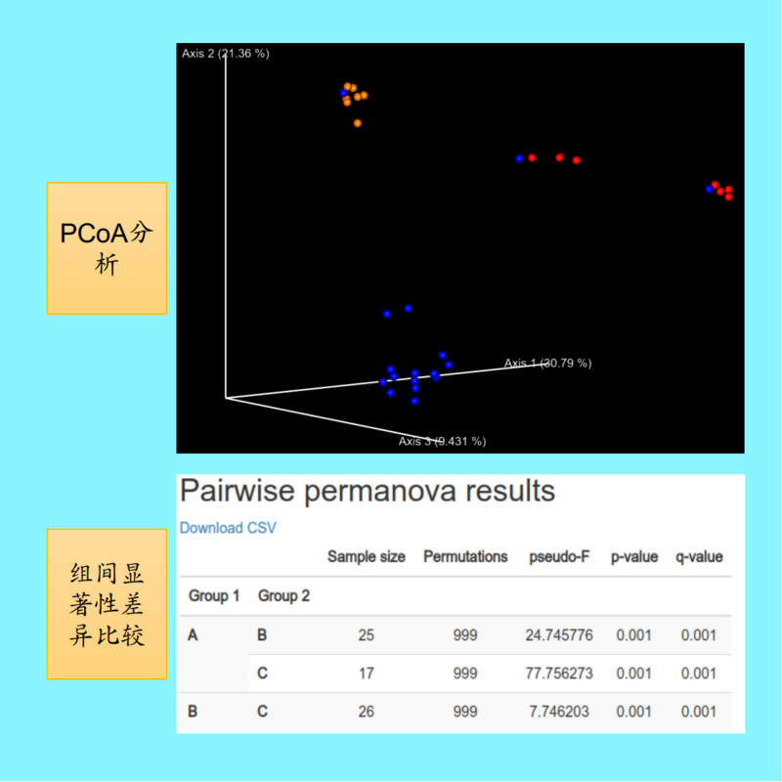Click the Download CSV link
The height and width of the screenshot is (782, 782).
tap(228, 528)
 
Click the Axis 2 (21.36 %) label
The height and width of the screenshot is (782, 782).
tap(226, 54)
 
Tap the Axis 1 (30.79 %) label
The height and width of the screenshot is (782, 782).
tap(547, 363)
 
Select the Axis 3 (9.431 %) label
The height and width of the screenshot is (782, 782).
tap(442, 441)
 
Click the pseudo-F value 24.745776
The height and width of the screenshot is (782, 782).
tap(559, 634)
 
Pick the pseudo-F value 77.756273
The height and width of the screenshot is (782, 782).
tap(559, 673)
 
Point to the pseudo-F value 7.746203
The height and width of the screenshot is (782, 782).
tap(559, 712)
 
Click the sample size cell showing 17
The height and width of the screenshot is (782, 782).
tap(366, 673)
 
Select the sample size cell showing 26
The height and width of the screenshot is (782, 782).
tap(366, 712)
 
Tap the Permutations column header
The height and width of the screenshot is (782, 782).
tap(465, 556)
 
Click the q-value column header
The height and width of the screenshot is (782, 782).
tap(699, 556)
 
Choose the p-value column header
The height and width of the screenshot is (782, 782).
tap(634, 556)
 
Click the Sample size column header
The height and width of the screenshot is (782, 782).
tap(366, 556)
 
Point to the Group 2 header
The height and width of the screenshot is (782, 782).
tap(283, 595)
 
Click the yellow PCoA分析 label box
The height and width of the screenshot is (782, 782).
tap(107, 248)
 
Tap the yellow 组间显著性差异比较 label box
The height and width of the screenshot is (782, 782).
tap(107, 604)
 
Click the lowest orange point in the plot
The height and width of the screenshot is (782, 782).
tap(357, 123)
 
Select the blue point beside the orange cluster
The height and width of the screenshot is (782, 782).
tap(343, 93)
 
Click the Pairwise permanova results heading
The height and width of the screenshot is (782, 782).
tap(368, 491)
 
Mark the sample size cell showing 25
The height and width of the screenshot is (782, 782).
tap(366, 634)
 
